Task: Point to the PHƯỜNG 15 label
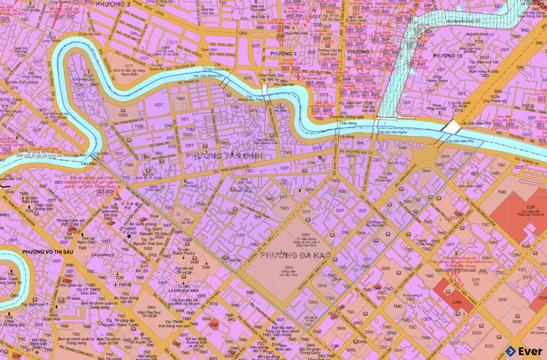point(448,56)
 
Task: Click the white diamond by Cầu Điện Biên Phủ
point(452,126)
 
